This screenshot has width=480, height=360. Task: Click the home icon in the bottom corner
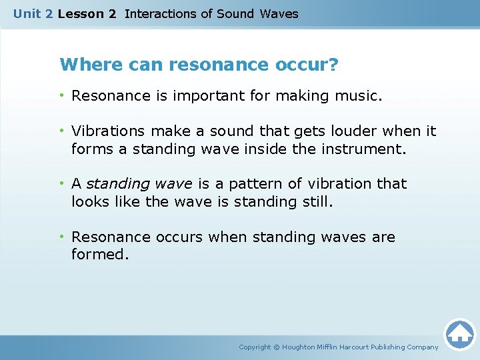[459, 334]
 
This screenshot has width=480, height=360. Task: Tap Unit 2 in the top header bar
[33, 13]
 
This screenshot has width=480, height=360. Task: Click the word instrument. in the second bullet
[363, 149]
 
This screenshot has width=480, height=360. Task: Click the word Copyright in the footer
[255, 347]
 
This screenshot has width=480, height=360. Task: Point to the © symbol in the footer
[277, 347]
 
